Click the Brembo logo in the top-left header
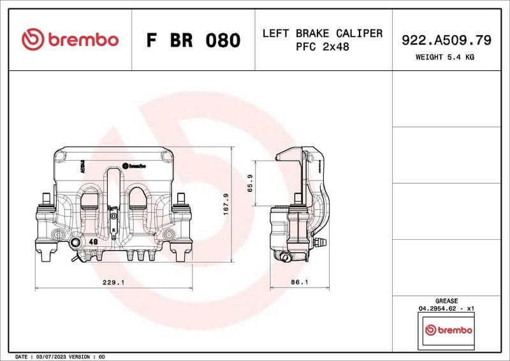[70, 40]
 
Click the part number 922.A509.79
[446, 40]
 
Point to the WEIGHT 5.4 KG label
[446, 57]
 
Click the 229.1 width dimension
[113, 281]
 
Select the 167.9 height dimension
[226, 205]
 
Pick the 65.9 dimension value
[250, 183]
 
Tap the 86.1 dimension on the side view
[300, 281]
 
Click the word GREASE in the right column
[446, 300]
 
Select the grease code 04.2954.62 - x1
[446, 308]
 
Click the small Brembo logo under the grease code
[449, 330]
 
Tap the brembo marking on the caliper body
[134, 165]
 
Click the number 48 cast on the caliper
[92, 242]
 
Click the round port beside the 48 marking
[76, 243]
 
